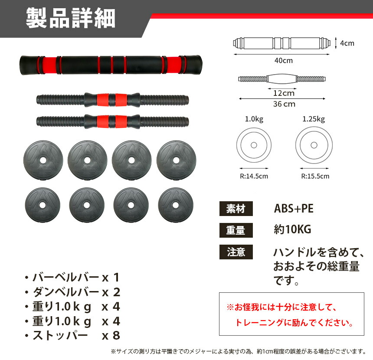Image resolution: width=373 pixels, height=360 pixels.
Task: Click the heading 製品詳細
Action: tap(70, 18)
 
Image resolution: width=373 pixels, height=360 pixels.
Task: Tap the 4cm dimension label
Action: tap(347, 43)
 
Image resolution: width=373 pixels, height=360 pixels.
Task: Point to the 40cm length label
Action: tap(284, 60)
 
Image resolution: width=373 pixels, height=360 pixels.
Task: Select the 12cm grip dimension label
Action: tap(284, 93)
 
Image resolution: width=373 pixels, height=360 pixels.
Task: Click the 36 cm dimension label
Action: tap(284, 104)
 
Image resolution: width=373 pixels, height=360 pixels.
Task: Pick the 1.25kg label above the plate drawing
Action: tap(314, 119)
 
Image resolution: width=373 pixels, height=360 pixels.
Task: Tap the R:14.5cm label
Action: tap(254, 176)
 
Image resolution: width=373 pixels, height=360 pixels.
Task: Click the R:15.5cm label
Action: tap(315, 176)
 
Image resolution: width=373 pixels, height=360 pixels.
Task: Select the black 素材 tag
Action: tap(236, 209)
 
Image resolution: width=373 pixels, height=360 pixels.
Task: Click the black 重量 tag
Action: tap(236, 230)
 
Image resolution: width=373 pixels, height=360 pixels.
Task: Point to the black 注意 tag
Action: tap(236, 252)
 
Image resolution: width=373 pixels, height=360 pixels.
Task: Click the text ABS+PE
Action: tap(294, 209)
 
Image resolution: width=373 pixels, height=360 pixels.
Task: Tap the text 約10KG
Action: tap(292, 229)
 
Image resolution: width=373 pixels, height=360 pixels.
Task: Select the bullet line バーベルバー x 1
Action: tap(72, 278)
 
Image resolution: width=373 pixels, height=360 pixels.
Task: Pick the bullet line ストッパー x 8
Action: tap(72, 335)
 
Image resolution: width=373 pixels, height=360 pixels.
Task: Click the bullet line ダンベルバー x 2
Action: tap(72, 292)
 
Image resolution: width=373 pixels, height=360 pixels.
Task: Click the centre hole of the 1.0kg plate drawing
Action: tap(254, 145)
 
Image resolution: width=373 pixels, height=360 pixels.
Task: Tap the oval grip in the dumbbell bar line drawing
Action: tap(282, 79)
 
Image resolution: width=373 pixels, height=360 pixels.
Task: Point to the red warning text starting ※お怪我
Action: tap(290, 315)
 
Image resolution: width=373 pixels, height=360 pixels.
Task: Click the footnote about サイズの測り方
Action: tap(239, 351)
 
